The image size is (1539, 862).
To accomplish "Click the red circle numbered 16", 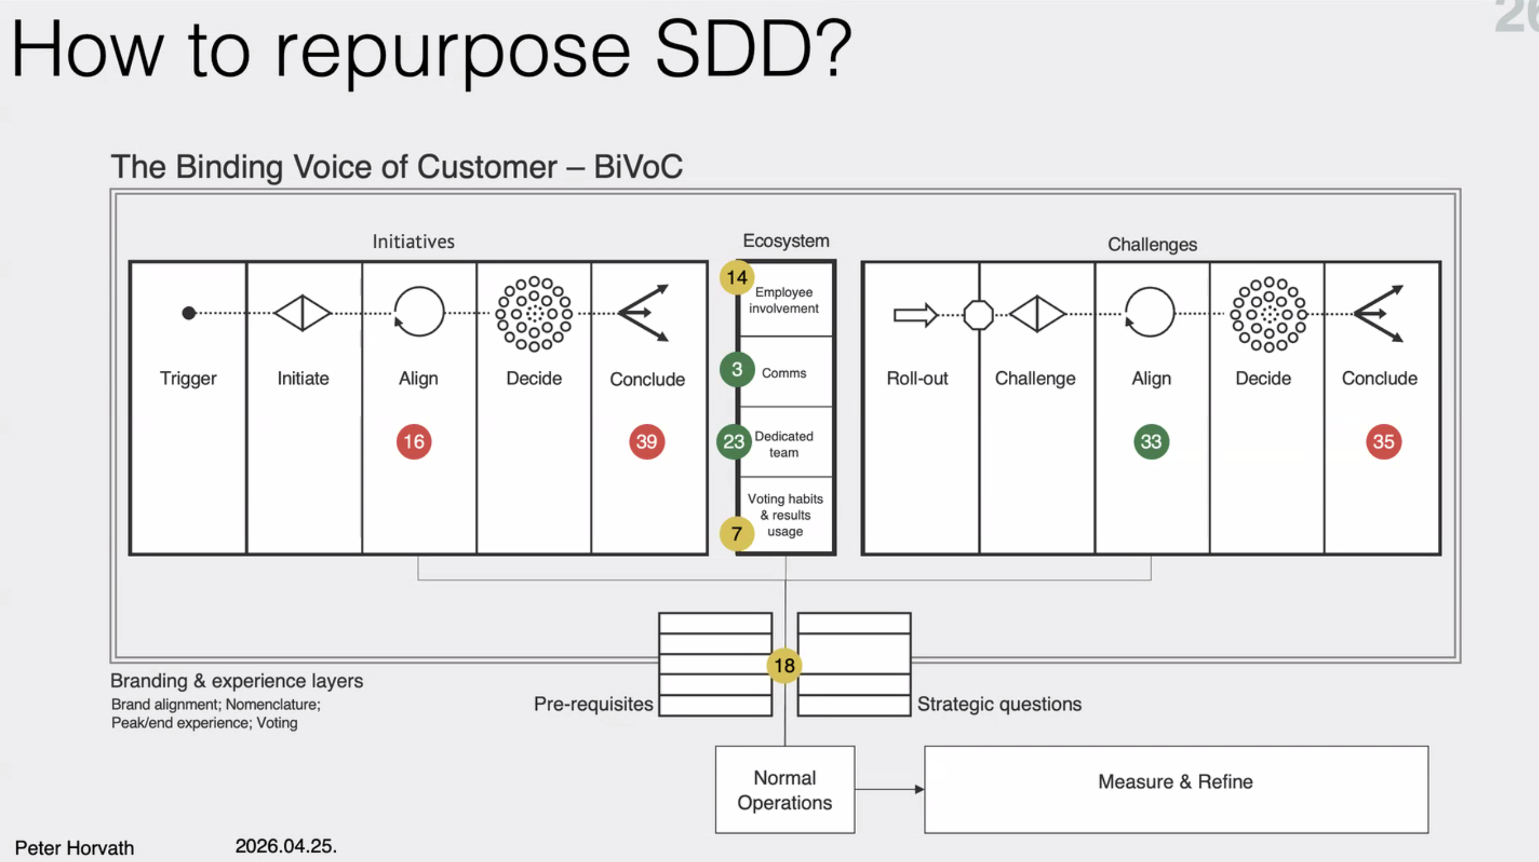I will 414,441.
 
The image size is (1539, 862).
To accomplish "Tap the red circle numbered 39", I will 646,441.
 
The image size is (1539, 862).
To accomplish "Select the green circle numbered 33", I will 1151,441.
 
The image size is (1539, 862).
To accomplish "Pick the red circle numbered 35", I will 1383,441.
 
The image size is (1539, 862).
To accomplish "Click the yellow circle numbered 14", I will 737,278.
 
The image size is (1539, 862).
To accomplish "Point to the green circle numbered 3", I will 737,369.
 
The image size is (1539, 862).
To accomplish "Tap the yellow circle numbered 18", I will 784,665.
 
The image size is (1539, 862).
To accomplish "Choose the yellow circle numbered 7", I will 737,533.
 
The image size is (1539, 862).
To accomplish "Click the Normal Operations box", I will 785,790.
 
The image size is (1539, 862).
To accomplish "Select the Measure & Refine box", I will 1175,789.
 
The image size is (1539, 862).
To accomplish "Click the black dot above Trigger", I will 189,313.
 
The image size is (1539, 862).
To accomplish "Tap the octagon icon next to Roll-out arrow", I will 978,315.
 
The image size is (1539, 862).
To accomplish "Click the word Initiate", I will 303,379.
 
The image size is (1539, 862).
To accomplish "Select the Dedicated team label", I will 784,444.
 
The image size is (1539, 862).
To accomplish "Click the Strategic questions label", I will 999,704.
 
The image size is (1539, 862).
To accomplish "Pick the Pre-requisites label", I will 593,704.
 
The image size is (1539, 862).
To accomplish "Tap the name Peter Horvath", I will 74,848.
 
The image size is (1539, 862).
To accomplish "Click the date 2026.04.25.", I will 286,846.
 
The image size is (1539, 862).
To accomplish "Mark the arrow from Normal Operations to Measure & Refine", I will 889,790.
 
